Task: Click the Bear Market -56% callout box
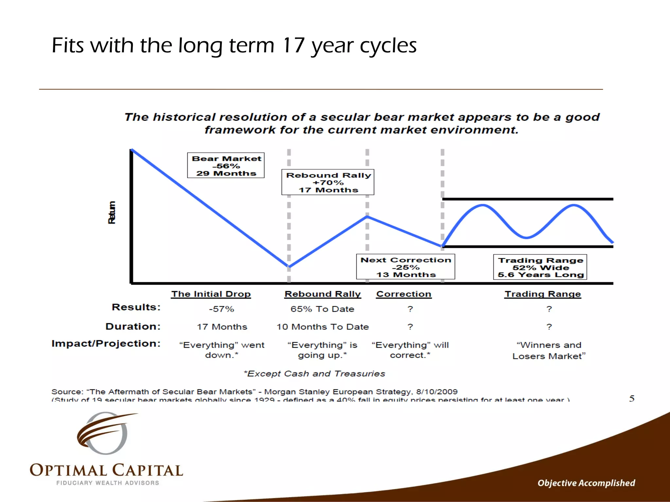point(226,165)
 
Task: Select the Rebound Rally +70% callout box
point(328,182)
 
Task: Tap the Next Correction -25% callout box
point(406,267)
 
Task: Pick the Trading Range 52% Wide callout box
point(540,267)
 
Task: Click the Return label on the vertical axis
point(112,212)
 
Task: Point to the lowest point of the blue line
point(289,267)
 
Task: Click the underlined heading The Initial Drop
point(211,294)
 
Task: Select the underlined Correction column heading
point(404,294)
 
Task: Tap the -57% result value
point(221,309)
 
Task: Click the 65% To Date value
point(322,309)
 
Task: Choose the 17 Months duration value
point(222,326)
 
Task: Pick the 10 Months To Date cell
point(323,326)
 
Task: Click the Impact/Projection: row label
point(106,343)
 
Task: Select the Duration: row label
point(133,326)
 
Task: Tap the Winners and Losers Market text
point(549,350)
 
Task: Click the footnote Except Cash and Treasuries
point(314,374)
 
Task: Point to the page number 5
point(632,398)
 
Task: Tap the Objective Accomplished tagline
point(586,483)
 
